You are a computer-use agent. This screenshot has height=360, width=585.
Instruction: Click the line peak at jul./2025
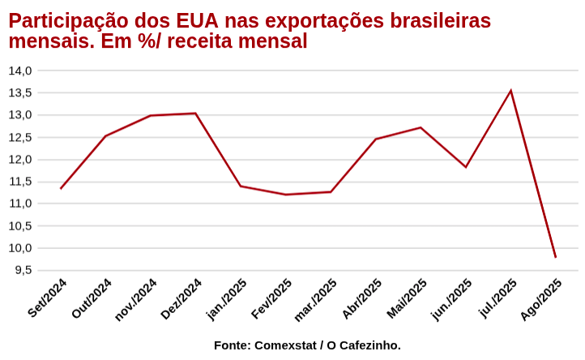(510, 90)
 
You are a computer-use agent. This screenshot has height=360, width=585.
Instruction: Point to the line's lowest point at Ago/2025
(556, 257)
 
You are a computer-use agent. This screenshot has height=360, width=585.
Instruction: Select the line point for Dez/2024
(195, 114)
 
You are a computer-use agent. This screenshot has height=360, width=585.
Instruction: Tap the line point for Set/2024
(61, 189)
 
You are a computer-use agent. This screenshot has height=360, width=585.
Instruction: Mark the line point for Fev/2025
(285, 195)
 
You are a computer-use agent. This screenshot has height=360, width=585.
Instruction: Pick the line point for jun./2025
(466, 167)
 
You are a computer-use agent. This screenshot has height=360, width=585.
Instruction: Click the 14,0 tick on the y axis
(20, 71)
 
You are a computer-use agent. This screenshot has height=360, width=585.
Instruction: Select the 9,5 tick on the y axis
(23, 270)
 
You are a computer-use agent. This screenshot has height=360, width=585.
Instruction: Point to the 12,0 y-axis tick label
(20, 159)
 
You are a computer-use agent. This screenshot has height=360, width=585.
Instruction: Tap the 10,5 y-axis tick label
(20, 225)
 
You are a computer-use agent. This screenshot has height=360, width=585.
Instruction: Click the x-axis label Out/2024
(92, 298)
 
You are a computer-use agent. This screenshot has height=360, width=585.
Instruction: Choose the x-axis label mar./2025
(315, 300)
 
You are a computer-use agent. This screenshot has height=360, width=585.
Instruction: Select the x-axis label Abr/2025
(361, 298)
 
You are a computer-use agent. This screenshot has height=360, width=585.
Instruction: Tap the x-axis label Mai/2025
(407, 298)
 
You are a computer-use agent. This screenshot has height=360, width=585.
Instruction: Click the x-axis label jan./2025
(226, 299)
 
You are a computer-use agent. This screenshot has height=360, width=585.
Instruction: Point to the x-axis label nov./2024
(135, 300)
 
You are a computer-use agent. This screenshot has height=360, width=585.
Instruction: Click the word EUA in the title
(199, 21)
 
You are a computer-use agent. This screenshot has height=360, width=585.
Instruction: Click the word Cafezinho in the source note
(366, 345)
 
